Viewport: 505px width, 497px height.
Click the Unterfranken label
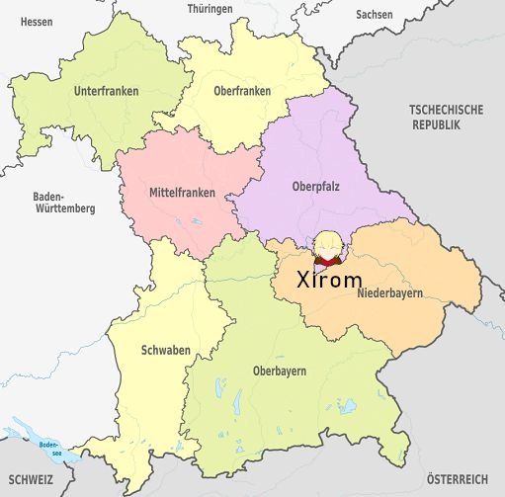coord(106,91)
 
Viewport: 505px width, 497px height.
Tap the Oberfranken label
coord(242,91)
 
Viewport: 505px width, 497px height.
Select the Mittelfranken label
coord(179,192)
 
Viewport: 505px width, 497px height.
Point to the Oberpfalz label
coord(315,185)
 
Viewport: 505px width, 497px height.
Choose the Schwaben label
coord(165,351)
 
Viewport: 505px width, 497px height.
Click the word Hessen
coord(36,21)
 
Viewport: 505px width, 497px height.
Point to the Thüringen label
coord(210,9)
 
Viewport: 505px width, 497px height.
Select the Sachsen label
coord(375,15)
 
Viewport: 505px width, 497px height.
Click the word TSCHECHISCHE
coord(447,110)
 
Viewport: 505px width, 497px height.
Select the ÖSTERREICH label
coord(458,478)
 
